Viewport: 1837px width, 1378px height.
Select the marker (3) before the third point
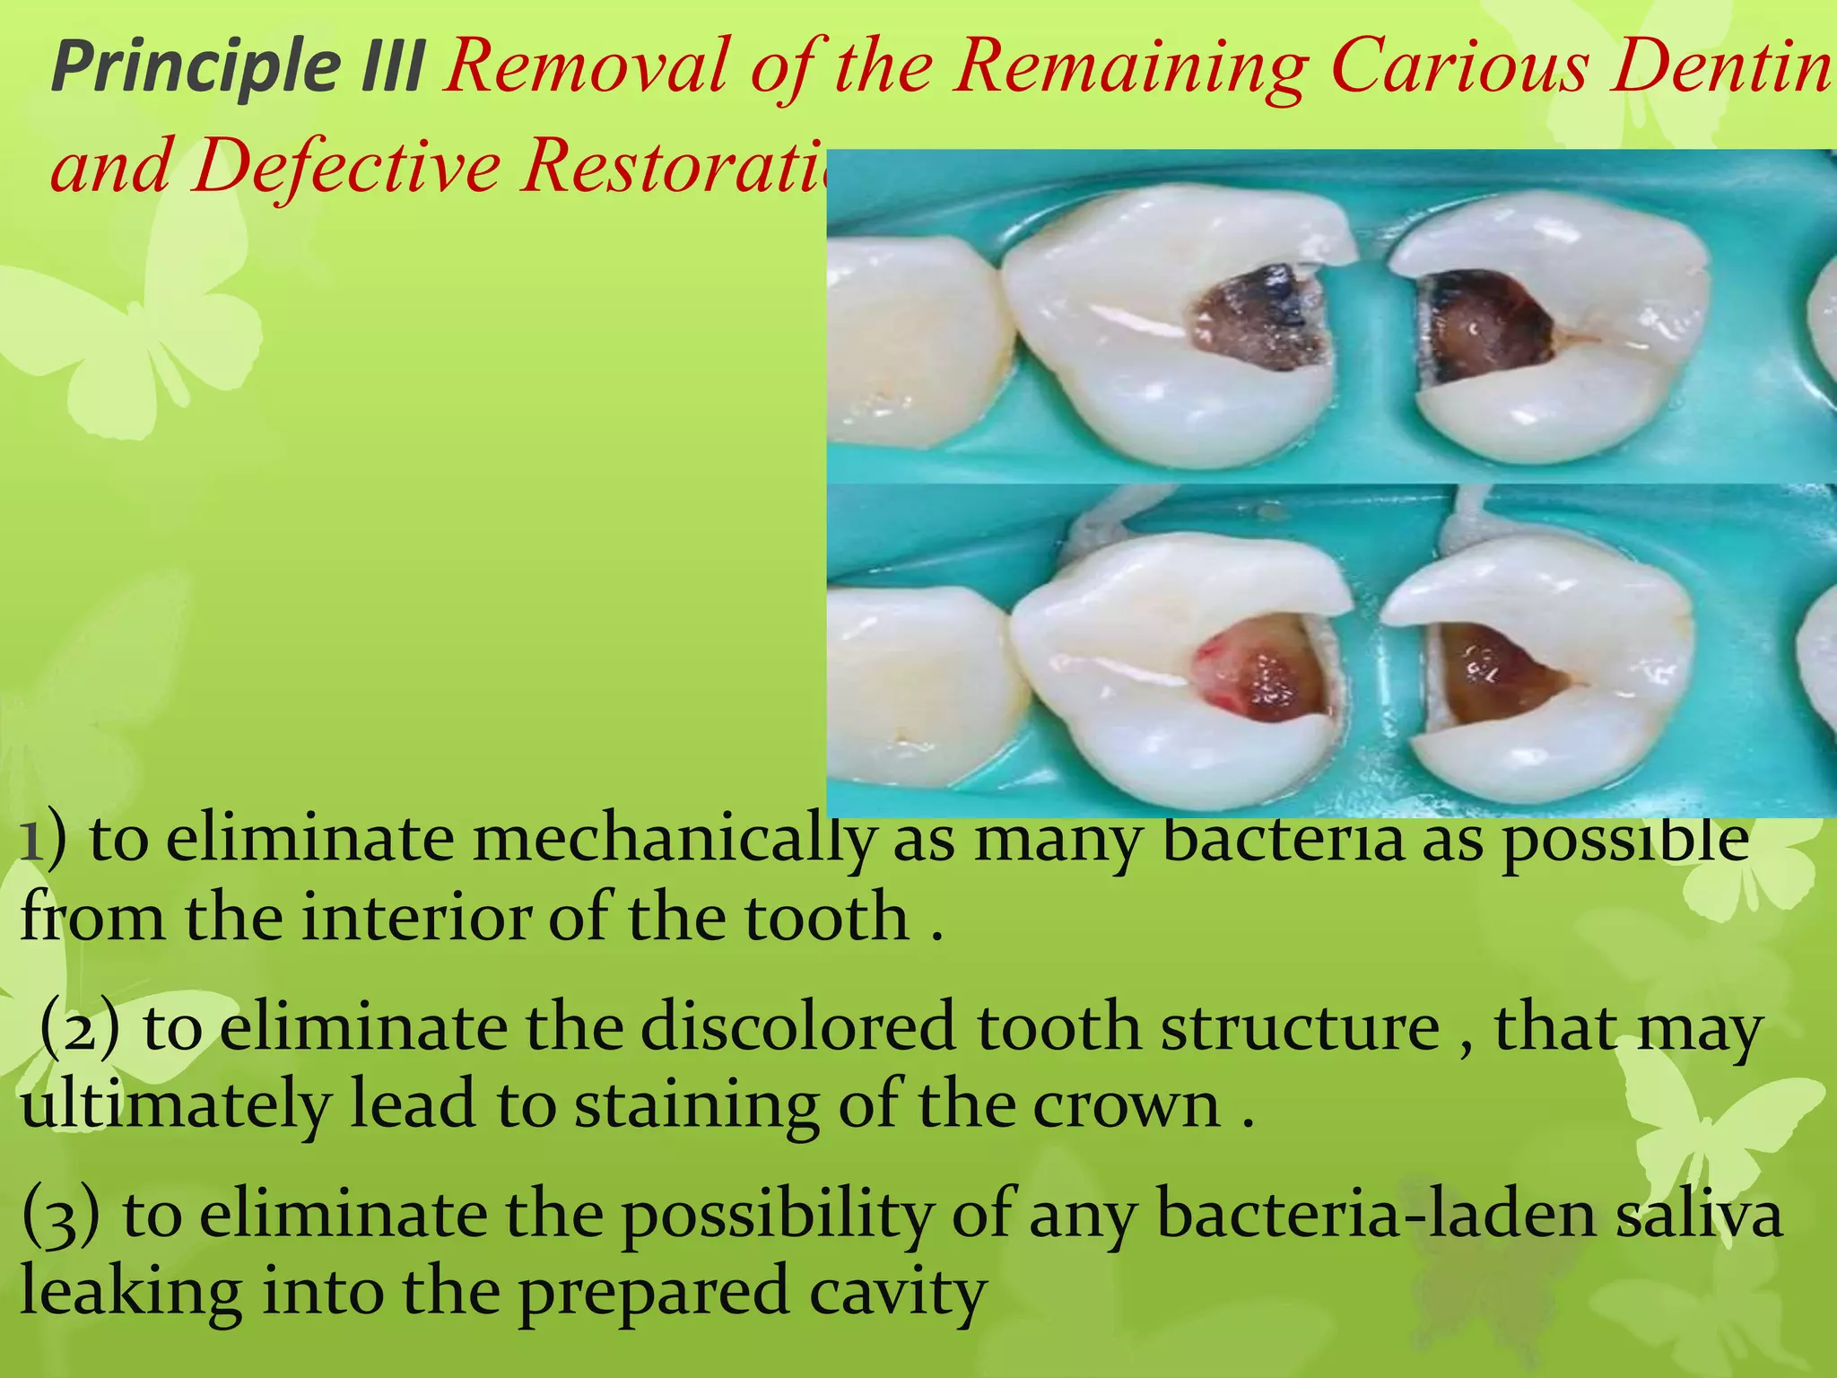59,1217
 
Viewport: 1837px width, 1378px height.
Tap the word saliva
1695,1215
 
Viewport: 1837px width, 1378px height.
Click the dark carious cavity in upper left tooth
1256,318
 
